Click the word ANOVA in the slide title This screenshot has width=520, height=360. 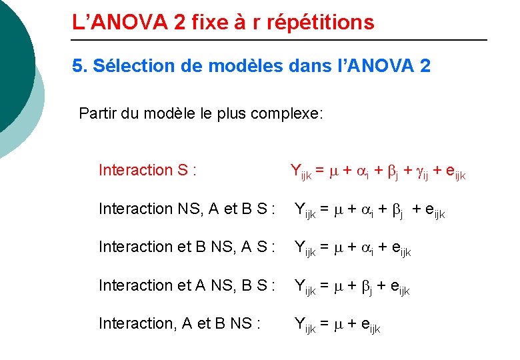(x=130, y=23)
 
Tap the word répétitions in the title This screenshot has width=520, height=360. (x=321, y=23)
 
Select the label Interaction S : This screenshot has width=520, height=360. (x=147, y=170)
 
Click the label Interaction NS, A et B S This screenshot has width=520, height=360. (x=187, y=209)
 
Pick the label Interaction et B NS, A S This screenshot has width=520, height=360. (x=187, y=247)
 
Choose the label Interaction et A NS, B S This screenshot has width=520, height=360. (x=187, y=285)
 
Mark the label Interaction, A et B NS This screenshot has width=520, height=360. (x=179, y=323)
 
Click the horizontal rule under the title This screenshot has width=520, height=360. (x=280, y=41)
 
